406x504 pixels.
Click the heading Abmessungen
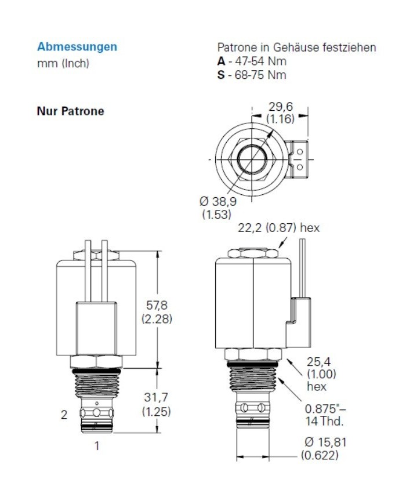[77, 46]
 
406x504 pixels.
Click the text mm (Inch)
[63, 63]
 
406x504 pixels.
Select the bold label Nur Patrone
[70, 111]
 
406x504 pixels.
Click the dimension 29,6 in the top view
[280, 106]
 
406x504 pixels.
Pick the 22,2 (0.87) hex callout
[278, 228]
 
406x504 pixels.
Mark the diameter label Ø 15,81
[325, 443]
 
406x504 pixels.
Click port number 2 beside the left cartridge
[65, 414]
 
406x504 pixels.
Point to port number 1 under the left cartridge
[97, 446]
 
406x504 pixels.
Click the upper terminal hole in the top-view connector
[300, 152]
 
